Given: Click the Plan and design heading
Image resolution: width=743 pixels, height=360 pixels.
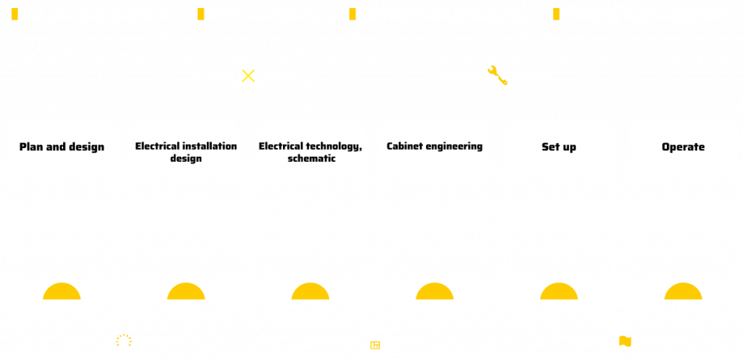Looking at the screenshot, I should [62, 147].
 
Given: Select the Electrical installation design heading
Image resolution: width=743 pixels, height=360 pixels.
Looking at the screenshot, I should [186, 152].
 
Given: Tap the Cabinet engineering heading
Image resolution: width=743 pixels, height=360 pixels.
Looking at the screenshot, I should [434, 146].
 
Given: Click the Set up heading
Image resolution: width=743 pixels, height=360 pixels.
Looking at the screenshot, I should [559, 147].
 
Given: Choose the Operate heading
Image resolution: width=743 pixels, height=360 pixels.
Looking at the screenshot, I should [683, 147].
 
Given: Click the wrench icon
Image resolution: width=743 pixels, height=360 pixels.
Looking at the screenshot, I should [498, 75].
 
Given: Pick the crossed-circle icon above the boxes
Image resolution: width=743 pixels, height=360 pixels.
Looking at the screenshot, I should [248, 75].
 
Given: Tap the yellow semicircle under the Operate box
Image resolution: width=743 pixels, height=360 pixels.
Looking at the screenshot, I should [683, 291].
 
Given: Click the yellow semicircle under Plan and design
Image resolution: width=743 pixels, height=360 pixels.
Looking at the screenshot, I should [62, 291].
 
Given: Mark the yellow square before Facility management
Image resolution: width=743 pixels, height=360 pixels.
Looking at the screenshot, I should [557, 15].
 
